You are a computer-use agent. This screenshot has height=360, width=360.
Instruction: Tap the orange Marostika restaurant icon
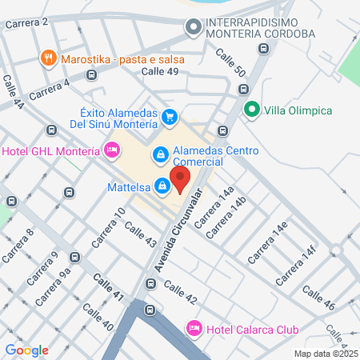point(50,58)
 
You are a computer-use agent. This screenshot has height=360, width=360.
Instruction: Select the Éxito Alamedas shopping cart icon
point(170,118)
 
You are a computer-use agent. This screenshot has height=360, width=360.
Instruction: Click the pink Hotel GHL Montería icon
point(113,150)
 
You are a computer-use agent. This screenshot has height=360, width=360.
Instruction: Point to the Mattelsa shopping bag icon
point(162,186)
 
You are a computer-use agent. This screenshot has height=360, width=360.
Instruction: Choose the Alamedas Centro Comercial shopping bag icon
point(160,153)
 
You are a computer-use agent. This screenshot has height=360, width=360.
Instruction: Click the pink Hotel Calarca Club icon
point(193,328)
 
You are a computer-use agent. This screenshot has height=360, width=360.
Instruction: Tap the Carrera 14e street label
point(267,242)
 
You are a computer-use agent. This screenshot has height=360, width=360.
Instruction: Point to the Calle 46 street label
point(318,298)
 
